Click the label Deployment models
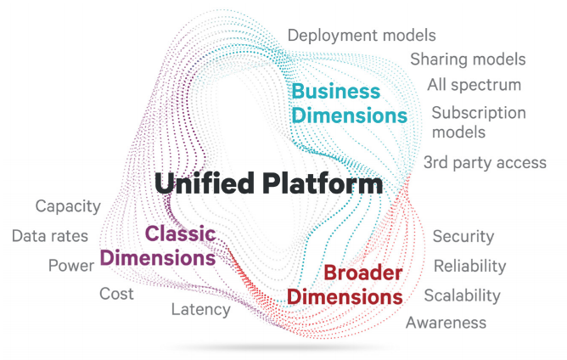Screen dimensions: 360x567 [x=362, y=35]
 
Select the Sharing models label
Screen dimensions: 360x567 [x=468, y=59]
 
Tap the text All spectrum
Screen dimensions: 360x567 [x=474, y=85]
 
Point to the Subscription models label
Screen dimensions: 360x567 [x=479, y=122]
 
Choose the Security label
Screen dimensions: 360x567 [x=463, y=237]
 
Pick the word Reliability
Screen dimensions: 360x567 [x=469, y=266]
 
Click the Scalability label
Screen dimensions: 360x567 [x=462, y=295]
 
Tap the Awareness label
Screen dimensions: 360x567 [x=446, y=322]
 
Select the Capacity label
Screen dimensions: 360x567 [x=68, y=206]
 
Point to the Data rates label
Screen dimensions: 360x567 [x=50, y=236]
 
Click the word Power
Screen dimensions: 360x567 [x=71, y=265]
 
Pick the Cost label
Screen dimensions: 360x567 [x=116, y=293]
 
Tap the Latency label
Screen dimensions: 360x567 [x=200, y=309]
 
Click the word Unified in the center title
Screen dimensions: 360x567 [x=205, y=183]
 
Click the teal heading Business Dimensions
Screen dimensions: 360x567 [x=349, y=102]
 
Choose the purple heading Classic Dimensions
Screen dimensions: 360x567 [x=159, y=245]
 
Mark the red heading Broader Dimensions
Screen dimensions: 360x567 [x=344, y=284]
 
